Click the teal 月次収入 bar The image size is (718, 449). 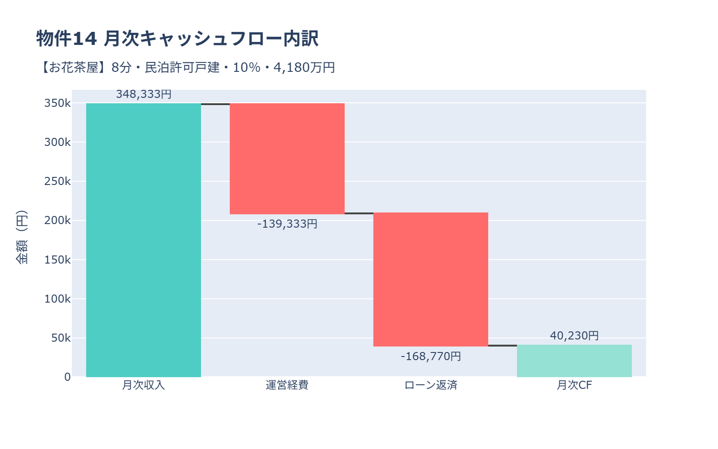(x=144, y=240)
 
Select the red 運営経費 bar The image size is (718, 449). (x=287, y=158)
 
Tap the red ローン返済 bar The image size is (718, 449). (x=431, y=279)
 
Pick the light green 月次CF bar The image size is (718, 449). (x=574, y=361)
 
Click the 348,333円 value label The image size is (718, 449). (x=144, y=94)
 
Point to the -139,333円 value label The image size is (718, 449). (x=287, y=224)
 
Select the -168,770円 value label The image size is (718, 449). (x=431, y=357)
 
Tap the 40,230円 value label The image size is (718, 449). (x=574, y=336)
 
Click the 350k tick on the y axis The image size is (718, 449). (x=57, y=103)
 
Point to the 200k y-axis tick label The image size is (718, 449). (x=57, y=220)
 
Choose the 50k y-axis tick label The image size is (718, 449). (x=61, y=338)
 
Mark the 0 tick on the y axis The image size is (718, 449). (x=67, y=377)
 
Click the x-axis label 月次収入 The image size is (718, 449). (x=144, y=385)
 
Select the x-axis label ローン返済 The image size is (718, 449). (x=431, y=385)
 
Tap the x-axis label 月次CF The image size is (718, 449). (x=574, y=385)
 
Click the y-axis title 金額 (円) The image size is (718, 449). (x=22, y=237)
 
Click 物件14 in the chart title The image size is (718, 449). (x=66, y=39)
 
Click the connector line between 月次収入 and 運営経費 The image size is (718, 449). (x=215, y=104)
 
